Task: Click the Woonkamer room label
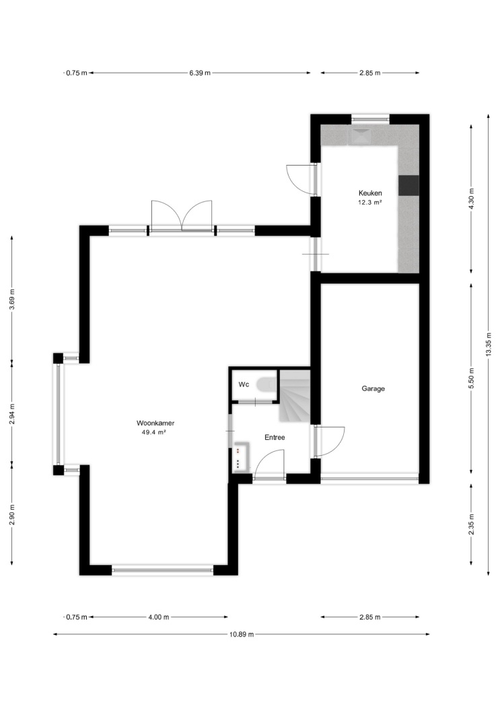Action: pyautogui.click(x=155, y=424)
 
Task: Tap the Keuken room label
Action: pyautogui.click(x=370, y=193)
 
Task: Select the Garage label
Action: pyautogui.click(x=373, y=389)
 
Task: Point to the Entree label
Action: pyautogui.click(x=275, y=437)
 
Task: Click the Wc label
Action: pyautogui.click(x=244, y=384)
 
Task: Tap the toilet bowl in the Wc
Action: pyautogui.click(x=265, y=384)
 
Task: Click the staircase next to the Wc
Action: pyautogui.click(x=295, y=395)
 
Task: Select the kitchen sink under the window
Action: pyautogui.click(x=361, y=136)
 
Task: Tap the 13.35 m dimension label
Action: pyautogui.click(x=489, y=345)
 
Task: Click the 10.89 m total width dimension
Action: pyautogui.click(x=242, y=634)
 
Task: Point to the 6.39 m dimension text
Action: pyautogui.click(x=200, y=73)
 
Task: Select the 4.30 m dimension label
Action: pyautogui.click(x=471, y=199)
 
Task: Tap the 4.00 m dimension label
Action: pyautogui.click(x=159, y=617)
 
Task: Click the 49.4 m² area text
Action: pyautogui.click(x=154, y=432)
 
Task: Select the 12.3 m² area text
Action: pyautogui.click(x=370, y=203)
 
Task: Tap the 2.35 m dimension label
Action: pyautogui.click(x=471, y=525)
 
